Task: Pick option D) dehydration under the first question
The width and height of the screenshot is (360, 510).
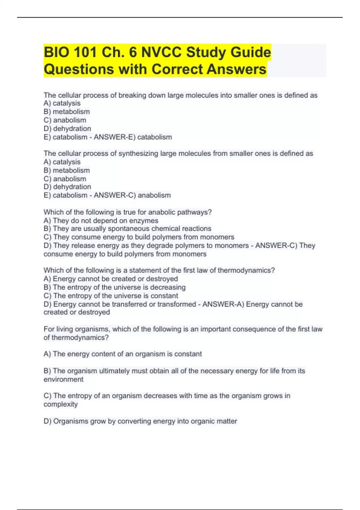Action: click(67, 129)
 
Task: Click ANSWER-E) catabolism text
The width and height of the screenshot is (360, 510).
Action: click(133, 137)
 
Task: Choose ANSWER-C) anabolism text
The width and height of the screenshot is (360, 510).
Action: click(132, 195)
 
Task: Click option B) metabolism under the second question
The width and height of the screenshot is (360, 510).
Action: click(67, 170)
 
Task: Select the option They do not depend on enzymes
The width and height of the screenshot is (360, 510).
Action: click(101, 220)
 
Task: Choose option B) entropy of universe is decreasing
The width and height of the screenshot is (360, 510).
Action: click(115, 287)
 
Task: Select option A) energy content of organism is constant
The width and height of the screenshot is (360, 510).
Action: click(122, 354)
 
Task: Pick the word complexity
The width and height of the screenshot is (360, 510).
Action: click(61, 404)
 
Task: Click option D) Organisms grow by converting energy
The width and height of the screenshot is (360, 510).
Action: click(140, 421)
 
